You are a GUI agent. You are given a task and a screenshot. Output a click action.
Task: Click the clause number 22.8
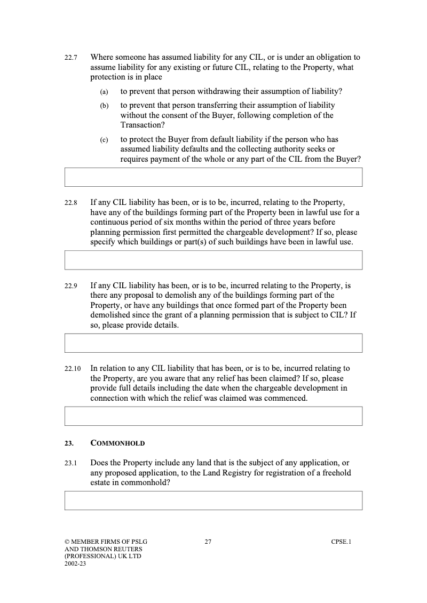[x=71, y=203]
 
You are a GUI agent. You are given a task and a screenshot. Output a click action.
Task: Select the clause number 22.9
[x=71, y=286]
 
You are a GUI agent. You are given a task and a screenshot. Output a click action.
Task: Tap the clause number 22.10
[x=73, y=369]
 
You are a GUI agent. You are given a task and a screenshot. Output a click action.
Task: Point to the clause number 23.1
[x=71, y=464]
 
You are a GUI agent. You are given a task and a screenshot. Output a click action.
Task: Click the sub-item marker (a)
[x=104, y=92]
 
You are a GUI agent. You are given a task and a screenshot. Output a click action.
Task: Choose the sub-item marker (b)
[x=104, y=106]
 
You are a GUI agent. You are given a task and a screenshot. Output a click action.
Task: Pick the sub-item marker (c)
[x=104, y=140]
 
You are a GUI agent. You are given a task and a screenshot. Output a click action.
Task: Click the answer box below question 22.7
[x=213, y=177]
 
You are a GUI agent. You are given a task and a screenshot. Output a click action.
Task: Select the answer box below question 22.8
[x=213, y=260]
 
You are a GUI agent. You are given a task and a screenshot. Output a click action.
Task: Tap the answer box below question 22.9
[x=213, y=343]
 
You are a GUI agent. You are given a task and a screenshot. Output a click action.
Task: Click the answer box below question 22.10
[x=213, y=416]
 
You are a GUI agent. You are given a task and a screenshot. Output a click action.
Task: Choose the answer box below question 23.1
[x=213, y=501]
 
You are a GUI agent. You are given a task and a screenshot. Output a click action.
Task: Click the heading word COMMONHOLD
[x=117, y=443]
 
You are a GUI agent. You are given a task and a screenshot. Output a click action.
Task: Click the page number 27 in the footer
[x=208, y=542]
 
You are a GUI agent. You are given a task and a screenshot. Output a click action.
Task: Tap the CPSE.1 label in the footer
[x=341, y=542]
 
